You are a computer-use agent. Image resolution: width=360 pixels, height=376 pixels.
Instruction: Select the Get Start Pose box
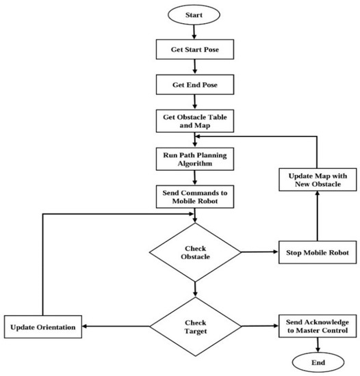(x=194, y=51)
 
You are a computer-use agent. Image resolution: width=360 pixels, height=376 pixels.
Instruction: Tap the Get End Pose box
(x=194, y=87)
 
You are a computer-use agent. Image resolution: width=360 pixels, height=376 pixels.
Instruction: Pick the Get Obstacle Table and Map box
(x=194, y=122)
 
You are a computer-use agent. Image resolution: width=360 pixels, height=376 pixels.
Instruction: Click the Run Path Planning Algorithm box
(x=194, y=159)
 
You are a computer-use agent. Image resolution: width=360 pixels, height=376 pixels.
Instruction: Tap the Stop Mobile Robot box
(x=317, y=253)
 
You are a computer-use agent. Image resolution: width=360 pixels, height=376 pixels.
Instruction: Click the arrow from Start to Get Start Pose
(x=194, y=31)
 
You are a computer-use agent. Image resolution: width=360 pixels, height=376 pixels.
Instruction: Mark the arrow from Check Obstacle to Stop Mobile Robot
(x=260, y=253)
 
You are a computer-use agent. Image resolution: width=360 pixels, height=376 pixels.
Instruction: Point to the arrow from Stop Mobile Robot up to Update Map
(x=317, y=219)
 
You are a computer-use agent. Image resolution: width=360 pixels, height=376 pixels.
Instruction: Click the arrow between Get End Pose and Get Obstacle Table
(x=194, y=103)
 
